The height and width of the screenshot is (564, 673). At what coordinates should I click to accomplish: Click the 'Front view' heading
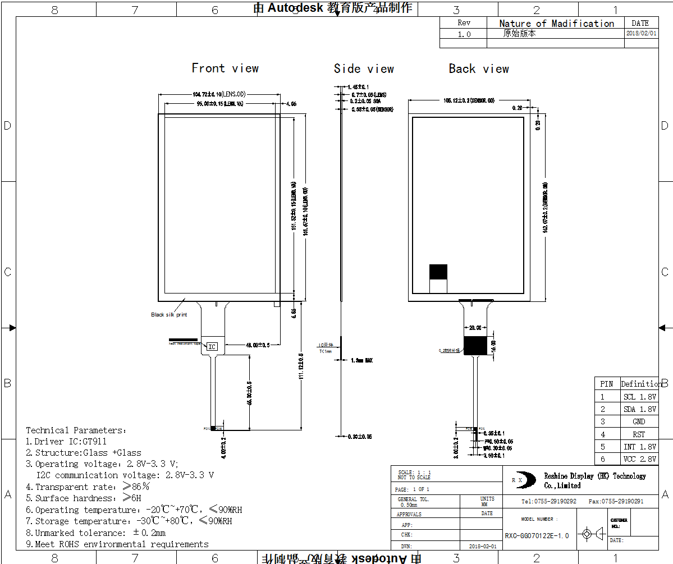(225, 68)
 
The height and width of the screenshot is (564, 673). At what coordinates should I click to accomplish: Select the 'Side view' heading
(364, 69)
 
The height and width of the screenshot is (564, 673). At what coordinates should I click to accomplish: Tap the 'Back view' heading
(479, 69)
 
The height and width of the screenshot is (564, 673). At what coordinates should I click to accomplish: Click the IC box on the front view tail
(212, 347)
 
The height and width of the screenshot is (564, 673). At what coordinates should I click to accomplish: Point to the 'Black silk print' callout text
(169, 315)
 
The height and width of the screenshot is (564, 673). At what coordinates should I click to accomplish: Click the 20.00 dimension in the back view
(475, 328)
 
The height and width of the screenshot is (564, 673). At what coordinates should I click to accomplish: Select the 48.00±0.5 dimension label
(257, 345)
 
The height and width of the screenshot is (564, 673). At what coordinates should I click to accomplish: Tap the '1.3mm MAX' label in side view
(361, 360)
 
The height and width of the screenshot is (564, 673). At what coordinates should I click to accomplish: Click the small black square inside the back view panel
(438, 272)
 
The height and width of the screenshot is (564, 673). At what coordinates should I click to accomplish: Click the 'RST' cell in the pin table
(639, 434)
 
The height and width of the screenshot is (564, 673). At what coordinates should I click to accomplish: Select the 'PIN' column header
(606, 384)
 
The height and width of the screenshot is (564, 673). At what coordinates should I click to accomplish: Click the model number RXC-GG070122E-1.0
(537, 536)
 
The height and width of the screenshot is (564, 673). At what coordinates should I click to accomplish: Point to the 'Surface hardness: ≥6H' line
(84, 498)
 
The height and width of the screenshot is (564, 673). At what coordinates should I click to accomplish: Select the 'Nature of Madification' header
(556, 24)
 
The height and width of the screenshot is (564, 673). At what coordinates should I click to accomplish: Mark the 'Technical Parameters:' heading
(77, 430)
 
